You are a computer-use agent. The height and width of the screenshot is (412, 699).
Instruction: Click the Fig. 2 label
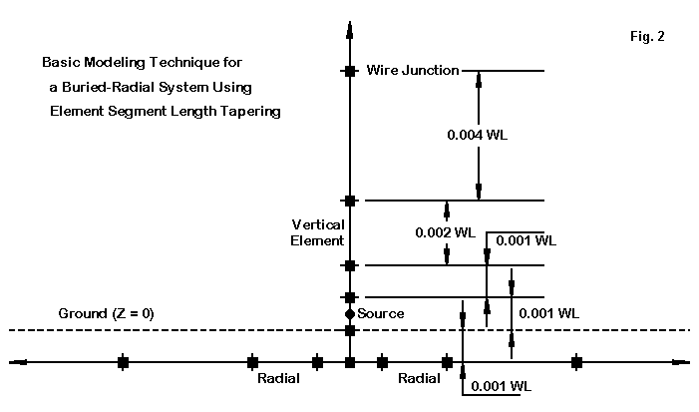tap(647, 36)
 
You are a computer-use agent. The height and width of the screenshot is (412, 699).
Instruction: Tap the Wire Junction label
tap(413, 70)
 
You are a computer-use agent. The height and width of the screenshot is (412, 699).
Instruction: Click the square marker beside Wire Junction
tap(349, 71)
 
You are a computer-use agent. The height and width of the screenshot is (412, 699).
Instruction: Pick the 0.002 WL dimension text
tap(446, 232)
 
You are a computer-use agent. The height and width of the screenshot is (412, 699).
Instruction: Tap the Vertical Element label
tap(318, 231)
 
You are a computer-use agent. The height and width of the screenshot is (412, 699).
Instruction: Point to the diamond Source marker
tap(349, 314)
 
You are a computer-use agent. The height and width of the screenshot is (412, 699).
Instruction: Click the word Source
tap(381, 314)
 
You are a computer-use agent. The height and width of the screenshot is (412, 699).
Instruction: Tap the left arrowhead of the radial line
tap(16, 361)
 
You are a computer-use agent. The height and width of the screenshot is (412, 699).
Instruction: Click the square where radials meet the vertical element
tap(349, 361)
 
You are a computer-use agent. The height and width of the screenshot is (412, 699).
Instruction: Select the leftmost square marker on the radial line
tap(123, 361)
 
